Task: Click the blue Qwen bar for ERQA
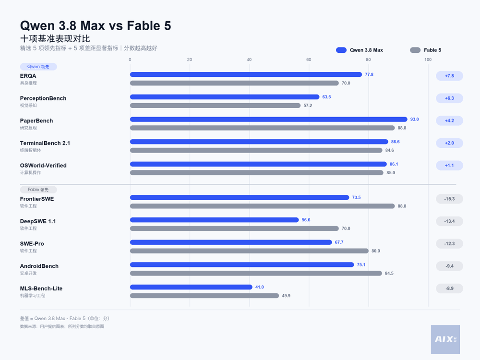click(246, 74)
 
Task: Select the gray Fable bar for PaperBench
click(263, 128)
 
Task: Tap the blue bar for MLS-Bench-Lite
click(191, 287)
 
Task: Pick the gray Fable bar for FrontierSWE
click(263, 206)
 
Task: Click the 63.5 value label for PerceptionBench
click(326, 97)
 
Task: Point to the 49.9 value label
click(286, 296)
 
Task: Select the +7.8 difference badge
click(449, 76)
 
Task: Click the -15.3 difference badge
click(449, 199)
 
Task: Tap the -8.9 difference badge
click(449, 288)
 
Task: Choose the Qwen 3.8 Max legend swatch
click(341, 50)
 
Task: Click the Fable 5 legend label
click(432, 50)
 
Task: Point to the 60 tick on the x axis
click(309, 60)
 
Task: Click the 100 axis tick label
click(428, 60)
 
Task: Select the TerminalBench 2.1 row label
click(45, 143)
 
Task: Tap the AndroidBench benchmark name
click(39, 266)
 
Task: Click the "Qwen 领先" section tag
click(38, 67)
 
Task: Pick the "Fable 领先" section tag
click(38, 190)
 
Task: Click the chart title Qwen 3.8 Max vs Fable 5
click(96, 26)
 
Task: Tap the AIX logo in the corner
click(445, 339)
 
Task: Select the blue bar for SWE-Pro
click(231, 242)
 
